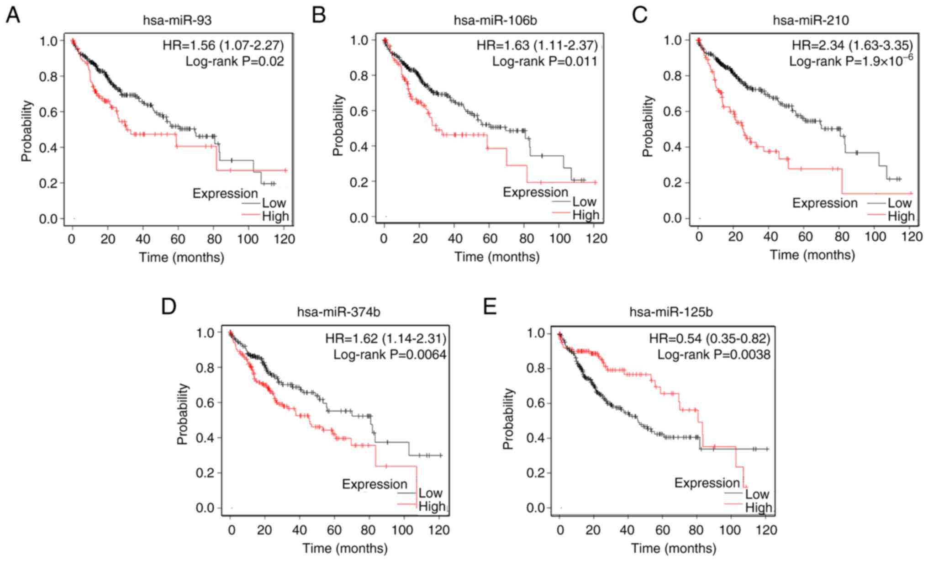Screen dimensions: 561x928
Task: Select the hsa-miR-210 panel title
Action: coord(811,21)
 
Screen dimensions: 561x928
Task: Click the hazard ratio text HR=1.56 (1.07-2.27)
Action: coord(223,45)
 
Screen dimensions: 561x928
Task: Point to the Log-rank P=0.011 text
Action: coord(544,61)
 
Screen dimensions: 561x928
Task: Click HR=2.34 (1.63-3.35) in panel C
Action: coord(852,45)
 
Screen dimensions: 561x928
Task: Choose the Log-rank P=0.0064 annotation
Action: coord(390,354)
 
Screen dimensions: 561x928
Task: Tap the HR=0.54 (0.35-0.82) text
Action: coord(710,339)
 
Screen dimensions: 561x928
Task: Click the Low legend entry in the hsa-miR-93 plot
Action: coord(274,203)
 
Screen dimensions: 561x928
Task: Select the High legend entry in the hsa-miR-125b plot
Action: coord(758,507)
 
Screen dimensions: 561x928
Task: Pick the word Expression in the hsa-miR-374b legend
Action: coord(374,484)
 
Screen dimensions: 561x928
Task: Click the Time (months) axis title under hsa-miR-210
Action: coord(812,255)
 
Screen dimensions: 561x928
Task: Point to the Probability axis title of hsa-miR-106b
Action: coord(338,126)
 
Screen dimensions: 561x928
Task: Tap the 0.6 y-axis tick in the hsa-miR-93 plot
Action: coord(48,112)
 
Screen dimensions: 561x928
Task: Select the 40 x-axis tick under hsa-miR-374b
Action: coord(300,530)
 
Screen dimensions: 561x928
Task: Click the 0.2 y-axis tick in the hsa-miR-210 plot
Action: coord(672,183)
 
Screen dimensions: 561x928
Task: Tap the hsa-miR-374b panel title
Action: coord(338,312)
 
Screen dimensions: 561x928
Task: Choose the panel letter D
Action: coord(169,307)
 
